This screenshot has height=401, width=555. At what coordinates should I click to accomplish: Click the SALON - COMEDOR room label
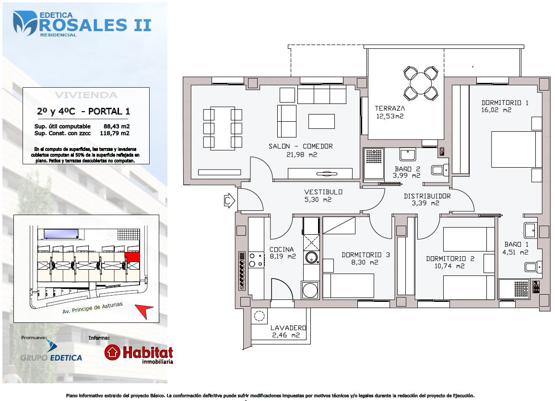click(300, 146)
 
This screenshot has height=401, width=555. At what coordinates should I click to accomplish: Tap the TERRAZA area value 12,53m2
click(390, 116)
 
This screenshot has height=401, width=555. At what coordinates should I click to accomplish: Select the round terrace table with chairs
click(421, 83)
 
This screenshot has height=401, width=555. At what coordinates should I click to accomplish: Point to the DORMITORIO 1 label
click(505, 103)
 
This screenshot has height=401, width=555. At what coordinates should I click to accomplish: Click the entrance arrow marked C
click(230, 201)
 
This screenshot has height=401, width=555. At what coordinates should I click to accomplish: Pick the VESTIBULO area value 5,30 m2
click(318, 199)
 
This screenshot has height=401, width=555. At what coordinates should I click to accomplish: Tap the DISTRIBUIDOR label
click(427, 196)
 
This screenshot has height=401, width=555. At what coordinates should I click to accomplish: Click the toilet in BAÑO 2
click(440, 170)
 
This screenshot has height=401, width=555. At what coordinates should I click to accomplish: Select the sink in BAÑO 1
click(531, 230)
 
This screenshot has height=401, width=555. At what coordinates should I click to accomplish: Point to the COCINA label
click(282, 249)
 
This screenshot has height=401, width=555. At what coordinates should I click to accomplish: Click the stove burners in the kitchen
click(256, 260)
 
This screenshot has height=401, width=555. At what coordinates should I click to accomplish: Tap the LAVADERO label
click(288, 328)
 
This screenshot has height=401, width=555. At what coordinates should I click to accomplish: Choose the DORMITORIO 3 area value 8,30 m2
click(365, 263)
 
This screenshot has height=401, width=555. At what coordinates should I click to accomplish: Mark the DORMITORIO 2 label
click(450, 259)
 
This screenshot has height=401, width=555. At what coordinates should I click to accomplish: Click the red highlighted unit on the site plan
click(133, 257)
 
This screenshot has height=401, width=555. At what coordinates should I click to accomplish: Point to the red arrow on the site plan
click(144, 311)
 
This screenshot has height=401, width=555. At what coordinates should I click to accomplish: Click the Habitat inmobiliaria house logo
click(113, 352)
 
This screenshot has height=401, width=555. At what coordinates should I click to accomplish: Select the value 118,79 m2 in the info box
click(115, 133)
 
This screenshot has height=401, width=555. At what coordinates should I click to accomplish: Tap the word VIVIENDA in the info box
click(86, 95)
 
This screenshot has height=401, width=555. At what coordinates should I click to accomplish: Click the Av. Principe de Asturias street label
click(93, 308)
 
